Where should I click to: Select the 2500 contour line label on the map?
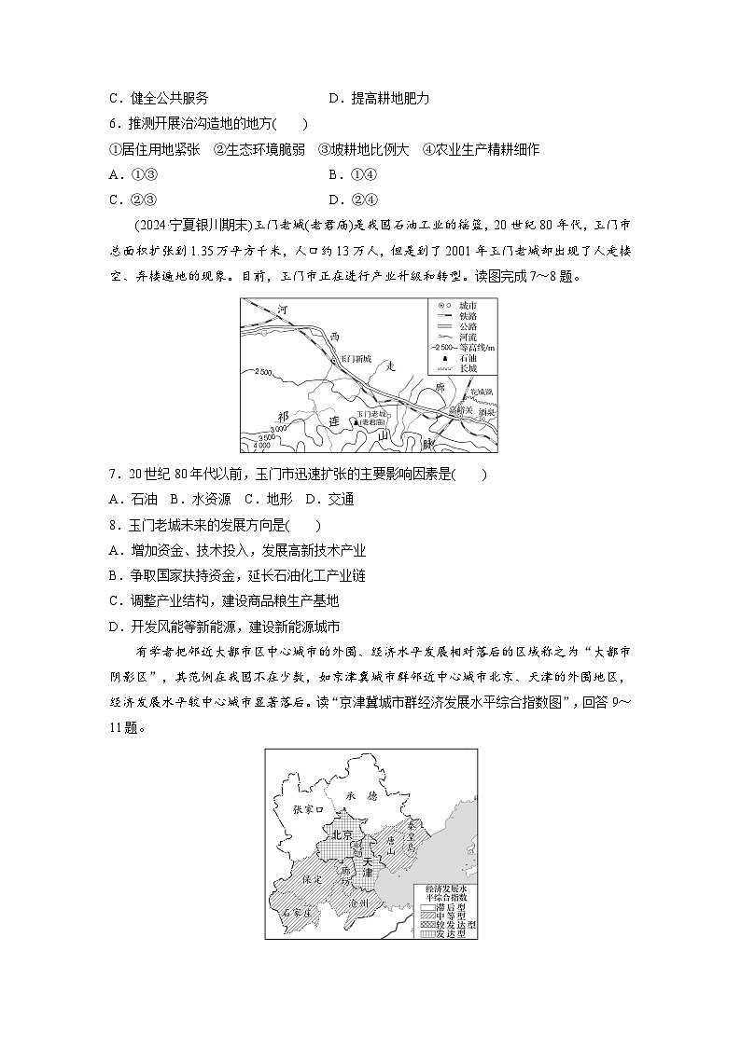(262, 372)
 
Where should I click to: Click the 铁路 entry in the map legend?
(454, 316)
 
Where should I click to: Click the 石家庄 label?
(297, 914)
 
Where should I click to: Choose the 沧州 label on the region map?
(358, 903)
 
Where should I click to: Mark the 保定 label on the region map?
(311, 878)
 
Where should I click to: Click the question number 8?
(113, 525)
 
